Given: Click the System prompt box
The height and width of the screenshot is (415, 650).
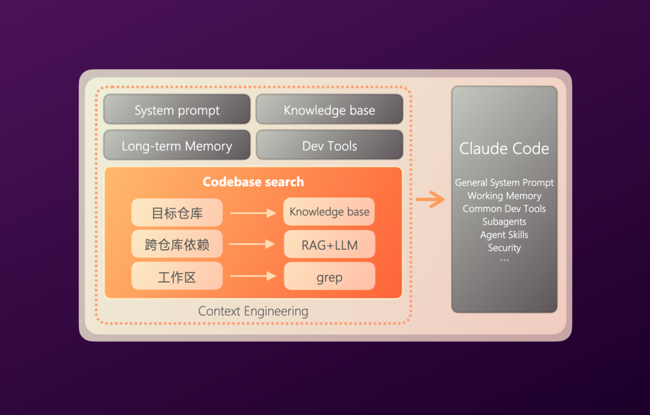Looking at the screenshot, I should [177, 110].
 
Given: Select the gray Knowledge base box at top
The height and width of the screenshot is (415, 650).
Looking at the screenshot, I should [329, 110].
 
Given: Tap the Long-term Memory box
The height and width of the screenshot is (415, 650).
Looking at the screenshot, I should [177, 146].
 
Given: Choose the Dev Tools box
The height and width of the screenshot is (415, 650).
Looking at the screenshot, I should [329, 146].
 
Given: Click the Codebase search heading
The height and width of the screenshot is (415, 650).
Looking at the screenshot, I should [253, 182].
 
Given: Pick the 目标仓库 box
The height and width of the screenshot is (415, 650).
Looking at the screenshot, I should [177, 212].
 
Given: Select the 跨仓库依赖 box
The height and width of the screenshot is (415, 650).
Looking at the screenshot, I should [177, 244].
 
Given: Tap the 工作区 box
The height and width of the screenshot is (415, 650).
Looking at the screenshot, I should [177, 277].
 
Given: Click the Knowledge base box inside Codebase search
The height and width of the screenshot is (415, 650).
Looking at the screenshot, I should [329, 212].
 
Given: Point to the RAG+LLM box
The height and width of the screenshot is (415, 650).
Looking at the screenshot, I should [329, 244].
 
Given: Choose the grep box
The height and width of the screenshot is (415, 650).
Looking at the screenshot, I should [329, 277].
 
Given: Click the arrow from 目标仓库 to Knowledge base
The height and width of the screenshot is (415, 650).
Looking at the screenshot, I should [253, 212].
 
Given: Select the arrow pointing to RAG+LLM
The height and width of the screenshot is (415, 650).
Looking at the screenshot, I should [253, 244].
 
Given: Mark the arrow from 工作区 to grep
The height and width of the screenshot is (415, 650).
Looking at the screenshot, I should [253, 277].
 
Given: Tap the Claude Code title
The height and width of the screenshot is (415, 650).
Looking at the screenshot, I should [504, 149].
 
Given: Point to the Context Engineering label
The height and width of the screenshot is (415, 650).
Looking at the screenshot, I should [253, 311].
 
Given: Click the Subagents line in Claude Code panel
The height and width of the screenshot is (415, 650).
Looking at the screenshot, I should [504, 221].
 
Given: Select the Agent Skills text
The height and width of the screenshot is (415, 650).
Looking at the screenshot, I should [504, 235].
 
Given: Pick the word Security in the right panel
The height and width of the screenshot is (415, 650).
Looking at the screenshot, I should [504, 247].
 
